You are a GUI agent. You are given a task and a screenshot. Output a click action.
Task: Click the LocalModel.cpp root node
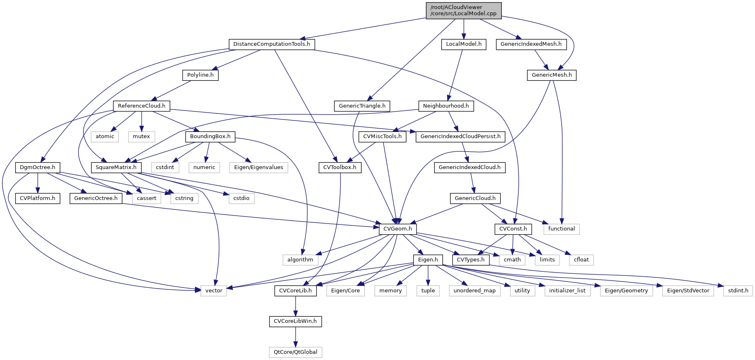point(463,10)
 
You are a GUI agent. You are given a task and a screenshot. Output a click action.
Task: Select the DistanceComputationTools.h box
point(271,44)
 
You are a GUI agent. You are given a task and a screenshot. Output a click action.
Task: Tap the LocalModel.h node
point(463,44)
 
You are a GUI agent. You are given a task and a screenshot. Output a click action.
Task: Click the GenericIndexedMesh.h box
point(531,44)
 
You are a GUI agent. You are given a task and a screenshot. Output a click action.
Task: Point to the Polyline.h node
point(200,75)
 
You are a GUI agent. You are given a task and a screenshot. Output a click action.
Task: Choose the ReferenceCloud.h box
point(141,106)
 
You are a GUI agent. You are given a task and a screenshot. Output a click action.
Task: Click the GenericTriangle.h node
point(362,106)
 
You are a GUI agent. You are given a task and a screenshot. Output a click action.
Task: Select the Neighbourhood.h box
point(446,106)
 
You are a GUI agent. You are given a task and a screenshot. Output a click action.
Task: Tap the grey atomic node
point(105,136)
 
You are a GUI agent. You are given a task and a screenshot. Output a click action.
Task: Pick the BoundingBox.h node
point(210,136)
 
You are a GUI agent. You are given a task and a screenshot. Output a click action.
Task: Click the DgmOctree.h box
point(38,167)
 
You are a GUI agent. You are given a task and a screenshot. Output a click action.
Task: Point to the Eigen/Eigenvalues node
point(259,167)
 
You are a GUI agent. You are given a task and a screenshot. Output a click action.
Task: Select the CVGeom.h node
point(397,229)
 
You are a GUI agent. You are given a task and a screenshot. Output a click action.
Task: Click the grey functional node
point(561,229)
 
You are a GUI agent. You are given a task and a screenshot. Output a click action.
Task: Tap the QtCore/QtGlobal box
point(295,352)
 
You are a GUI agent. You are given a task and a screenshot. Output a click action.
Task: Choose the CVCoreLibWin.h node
point(295,321)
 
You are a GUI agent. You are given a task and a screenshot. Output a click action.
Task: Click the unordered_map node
point(474,291)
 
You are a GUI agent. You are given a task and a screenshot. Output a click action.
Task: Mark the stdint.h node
point(738,291)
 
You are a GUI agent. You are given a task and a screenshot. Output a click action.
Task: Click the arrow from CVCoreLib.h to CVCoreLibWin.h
point(295,306)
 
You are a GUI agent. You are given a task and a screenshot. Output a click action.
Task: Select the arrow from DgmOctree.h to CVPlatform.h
point(38,183)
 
